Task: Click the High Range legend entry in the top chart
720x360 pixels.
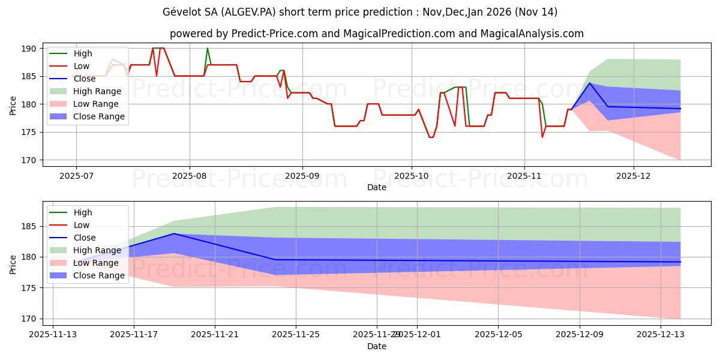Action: pyautogui.click(x=97, y=92)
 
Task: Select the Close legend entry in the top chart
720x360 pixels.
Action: pyautogui.click(x=85, y=79)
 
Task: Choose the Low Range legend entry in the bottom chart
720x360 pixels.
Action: pyautogui.click(x=95, y=263)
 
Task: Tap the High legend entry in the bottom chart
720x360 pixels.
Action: pyautogui.click(x=83, y=212)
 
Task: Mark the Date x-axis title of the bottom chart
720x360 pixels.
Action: pyautogui.click(x=377, y=346)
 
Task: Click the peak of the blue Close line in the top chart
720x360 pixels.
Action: pyautogui.click(x=590, y=83)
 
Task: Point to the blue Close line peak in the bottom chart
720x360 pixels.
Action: pyautogui.click(x=174, y=233)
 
